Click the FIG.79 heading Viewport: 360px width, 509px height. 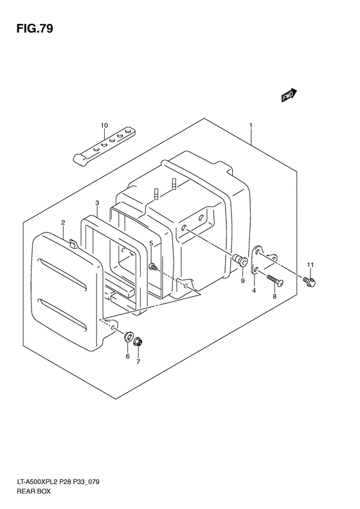(35, 28)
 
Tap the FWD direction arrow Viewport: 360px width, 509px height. (289, 95)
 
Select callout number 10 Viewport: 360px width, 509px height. (104, 125)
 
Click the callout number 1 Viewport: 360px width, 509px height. (251, 125)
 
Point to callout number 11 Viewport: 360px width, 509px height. (310, 265)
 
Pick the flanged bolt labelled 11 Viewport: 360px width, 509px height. (309, 281)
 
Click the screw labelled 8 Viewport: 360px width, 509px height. (275, 280)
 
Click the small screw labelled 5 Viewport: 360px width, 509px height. (153, 267)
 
